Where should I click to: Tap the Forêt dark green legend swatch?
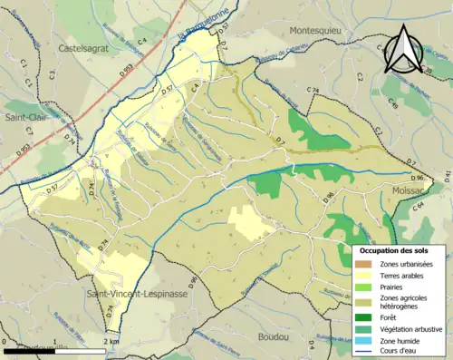coord(364,317)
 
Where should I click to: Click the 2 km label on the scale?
coord(112,342)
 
